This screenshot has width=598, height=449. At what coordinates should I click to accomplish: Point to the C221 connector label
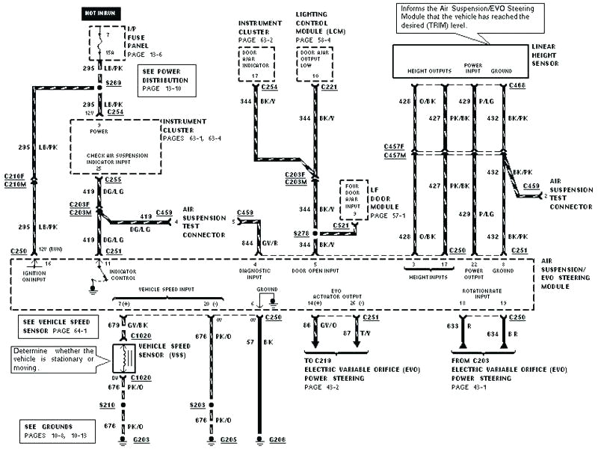click(x=330, y=87)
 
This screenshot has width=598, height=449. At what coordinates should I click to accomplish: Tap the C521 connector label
click(x=341, y=224)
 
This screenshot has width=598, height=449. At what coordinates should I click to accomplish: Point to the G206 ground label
click(x=277, y=440)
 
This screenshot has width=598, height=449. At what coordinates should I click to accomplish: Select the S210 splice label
click(x=108, y=404)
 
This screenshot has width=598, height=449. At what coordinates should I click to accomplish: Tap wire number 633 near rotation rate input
click(x=452, y=326)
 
